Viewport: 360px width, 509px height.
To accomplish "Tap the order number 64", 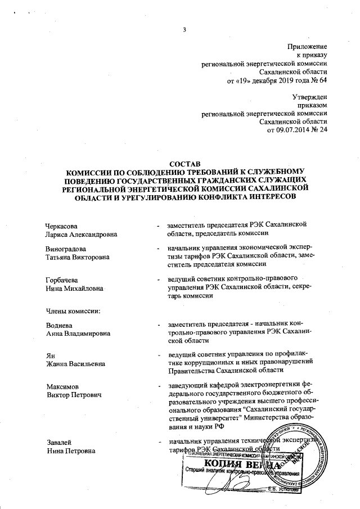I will [322, 80].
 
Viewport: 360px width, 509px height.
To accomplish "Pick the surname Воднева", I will [61, 324].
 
